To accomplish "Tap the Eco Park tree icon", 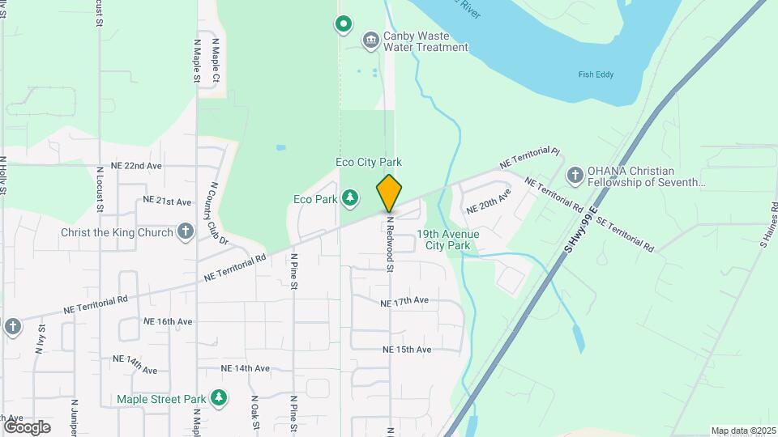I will click(350, 197).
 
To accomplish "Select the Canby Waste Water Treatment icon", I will click(371, 40).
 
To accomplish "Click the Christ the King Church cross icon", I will click(185, 232).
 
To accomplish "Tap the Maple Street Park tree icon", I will click(218, 398).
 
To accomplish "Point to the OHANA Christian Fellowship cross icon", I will click(575, 176).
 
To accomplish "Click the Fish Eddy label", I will click(596, 74).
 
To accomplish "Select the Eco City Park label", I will click(369, 163).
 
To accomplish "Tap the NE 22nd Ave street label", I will click(137, 166).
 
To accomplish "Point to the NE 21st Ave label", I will click(167, 201).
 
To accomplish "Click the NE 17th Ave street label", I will click(404, 302).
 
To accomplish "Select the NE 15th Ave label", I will click(407, 350).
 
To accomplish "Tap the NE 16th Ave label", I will click(168, 321).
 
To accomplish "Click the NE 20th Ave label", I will click(489, 202).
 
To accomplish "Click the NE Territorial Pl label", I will click(529, 157).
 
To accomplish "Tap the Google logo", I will click(27, 426).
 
